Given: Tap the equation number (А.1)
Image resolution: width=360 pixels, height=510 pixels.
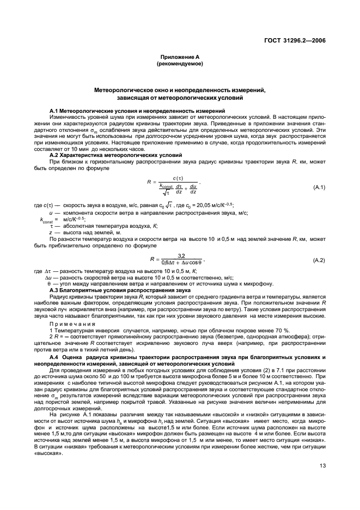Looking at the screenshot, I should (x=319, y=187).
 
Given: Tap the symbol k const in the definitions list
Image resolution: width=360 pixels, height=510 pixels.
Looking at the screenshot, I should (x=32, y=220).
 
